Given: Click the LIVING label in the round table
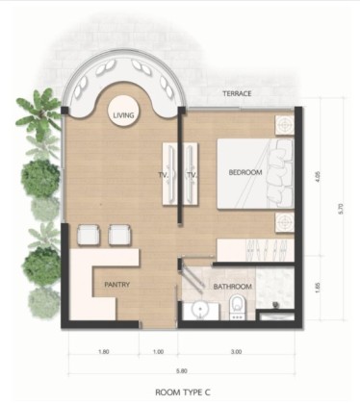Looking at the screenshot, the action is click(x=123, y=115).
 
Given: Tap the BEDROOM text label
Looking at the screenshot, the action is click(x=245, y=172).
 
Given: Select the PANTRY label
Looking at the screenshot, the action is click(x=117, y=285).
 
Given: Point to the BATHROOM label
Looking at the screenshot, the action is click(x=233, y=287).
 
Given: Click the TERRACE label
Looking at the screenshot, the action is click(x=237, y=93).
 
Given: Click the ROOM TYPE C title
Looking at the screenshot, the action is click(x=183, y=392).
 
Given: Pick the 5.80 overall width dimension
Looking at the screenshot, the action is click(x=182, y=371).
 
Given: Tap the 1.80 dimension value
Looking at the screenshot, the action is click(x=104, y=352).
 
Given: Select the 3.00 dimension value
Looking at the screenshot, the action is click(x=236, y=352).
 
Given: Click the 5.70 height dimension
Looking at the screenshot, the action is click(x=341, y=209).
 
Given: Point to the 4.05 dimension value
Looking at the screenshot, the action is click(x=318, y=177).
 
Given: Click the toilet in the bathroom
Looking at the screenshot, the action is click(x=237, y=307).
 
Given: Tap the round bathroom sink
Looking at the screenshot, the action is click(x=200, y=310).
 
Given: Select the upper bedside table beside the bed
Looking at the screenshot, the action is click(x=284, y=124).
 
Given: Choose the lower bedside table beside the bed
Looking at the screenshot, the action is click(x=284, y=221).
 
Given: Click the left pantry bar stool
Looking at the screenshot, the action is click(x=89, y=235).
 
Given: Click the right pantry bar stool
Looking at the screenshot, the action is click(x=119, y=235).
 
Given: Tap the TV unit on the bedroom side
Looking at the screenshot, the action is click(x=191, y=173).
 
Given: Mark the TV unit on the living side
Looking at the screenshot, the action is click(x=170, y=173).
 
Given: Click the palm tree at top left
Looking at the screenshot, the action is click(x=39, y=114).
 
